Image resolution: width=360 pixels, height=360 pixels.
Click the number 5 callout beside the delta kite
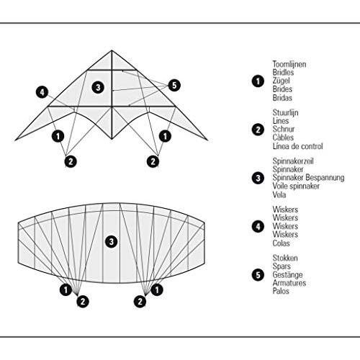tap(174, 85)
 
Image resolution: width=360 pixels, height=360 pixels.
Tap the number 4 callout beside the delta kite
tap(42, 92)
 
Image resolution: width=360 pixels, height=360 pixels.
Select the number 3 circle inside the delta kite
tap(98, 87)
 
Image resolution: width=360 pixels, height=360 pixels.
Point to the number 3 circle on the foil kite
tap(112, 241)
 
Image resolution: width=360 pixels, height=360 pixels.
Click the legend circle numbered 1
tap(258, 81)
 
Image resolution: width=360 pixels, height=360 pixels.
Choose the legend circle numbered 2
tap(258, 130)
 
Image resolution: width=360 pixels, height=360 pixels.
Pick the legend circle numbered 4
tap(258, 227)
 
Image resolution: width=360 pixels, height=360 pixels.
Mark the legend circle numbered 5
tap(258, 275)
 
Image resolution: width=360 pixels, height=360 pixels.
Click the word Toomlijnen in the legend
tap(289, 64)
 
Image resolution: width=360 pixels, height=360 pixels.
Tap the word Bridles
tap(283, 72)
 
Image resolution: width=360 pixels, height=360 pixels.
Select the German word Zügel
tap(282, 81)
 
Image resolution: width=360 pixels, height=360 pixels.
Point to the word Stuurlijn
tap(285, 112)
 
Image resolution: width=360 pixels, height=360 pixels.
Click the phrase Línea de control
tap(297, 146)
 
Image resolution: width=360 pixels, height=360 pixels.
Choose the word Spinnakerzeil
tap(293, 161)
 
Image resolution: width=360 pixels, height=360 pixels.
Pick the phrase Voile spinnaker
tap(296, 186)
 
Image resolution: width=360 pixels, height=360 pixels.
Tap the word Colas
tap(281, 243)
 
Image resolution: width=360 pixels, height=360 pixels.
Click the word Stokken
tap(285, 258)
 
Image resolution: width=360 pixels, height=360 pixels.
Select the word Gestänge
tap(287, 275)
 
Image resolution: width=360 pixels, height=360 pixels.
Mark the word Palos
tap(281, 291)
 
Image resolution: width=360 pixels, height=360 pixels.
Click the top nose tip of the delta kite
tap(112, 50)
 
